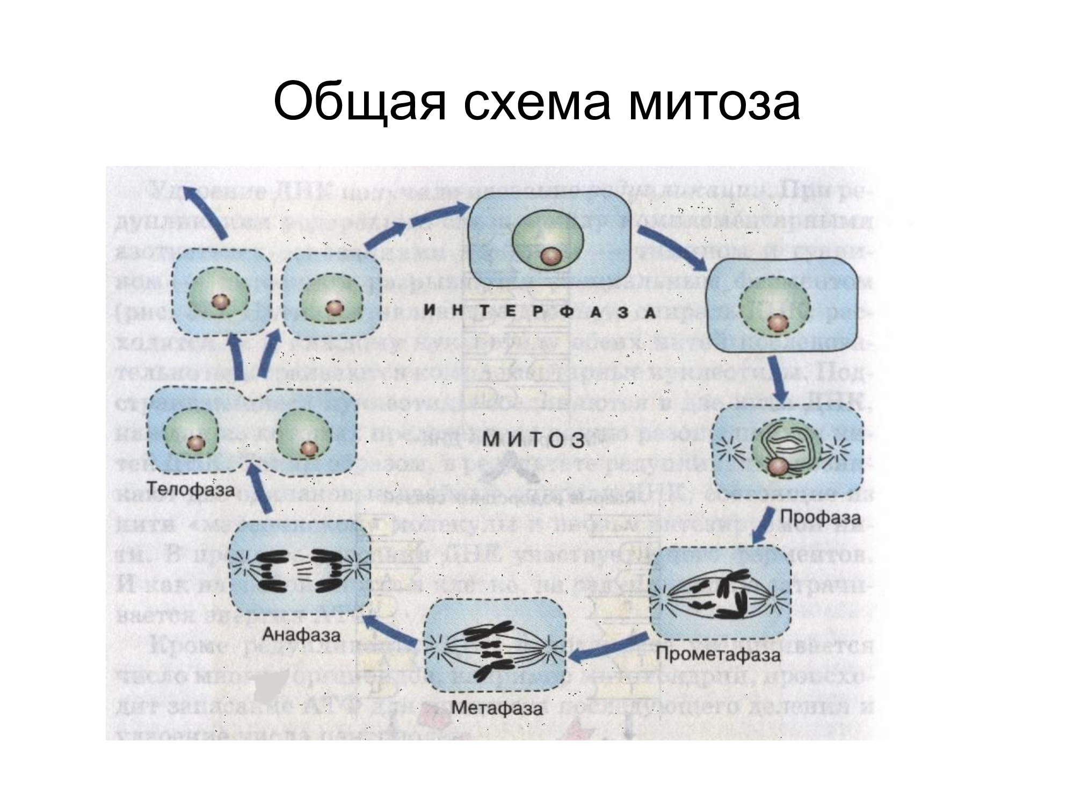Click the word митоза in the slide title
(714, 102)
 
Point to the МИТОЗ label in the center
(534, 440)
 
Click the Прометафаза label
(718, 655)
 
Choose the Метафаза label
(497, 708)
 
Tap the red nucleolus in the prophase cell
(776, 467)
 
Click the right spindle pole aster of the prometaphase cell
(777, 596)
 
